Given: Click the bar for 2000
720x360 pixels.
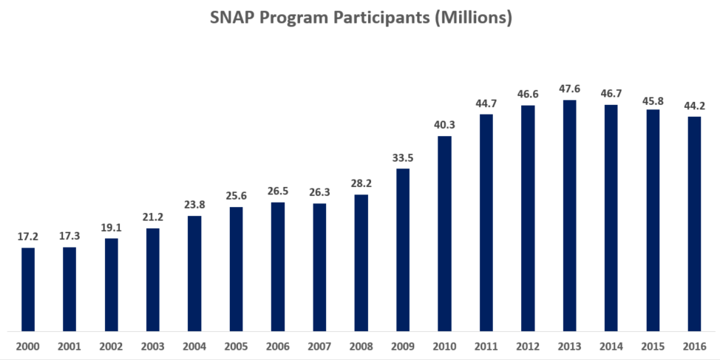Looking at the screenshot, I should tap(27, 289).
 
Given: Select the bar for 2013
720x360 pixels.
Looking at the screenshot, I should tap(569, 215).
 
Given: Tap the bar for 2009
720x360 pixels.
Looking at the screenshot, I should tap(403, 250).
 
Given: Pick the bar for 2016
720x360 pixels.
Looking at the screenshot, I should tap(694, 223).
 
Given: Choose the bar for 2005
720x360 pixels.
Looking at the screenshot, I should tap(236, 269).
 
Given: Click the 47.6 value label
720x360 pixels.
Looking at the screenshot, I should tap(569, 89).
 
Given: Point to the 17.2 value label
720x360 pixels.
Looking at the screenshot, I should tap(27, 237).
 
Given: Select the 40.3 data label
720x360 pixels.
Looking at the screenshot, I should tap(444, 125).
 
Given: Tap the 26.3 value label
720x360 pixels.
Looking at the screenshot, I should tap(319, 192).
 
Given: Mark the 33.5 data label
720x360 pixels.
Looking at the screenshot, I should tap(403, 157).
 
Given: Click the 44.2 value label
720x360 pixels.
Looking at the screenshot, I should tap(694, 106).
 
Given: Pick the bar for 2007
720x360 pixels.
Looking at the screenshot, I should tap(319, 267).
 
